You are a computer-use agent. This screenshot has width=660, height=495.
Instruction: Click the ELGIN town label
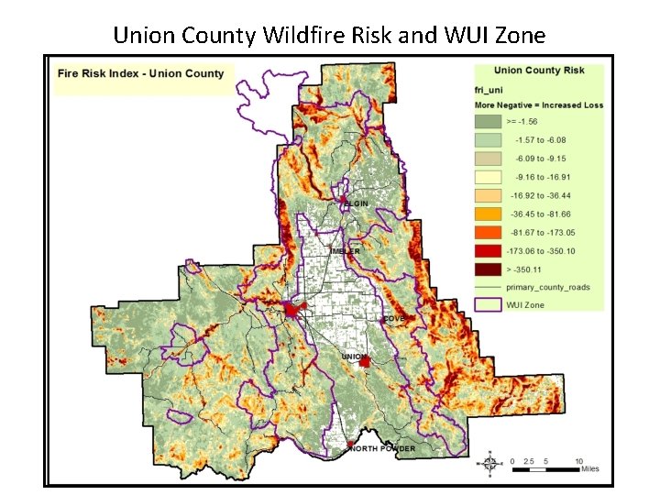[357, 203]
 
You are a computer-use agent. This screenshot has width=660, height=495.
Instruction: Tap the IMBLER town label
[345, 250]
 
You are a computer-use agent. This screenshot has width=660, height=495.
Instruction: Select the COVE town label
[394, 319]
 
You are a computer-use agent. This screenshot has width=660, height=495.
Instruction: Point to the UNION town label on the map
[353, 356]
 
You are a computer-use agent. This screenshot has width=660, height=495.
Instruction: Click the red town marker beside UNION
[366, 363]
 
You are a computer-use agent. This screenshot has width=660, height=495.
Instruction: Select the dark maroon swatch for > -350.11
[489, 269]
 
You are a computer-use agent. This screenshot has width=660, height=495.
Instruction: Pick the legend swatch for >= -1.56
[489, 121]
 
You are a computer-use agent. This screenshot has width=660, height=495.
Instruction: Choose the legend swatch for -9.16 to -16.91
[489, 177]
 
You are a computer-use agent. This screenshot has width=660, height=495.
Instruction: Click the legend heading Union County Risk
[539, 71]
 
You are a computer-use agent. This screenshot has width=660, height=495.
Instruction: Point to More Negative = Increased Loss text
[539, 104]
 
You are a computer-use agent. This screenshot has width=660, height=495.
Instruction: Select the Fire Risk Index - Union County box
[141, 74]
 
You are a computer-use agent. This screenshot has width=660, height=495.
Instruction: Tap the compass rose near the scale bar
[491, 464]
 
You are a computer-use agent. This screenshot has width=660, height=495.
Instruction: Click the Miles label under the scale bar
[592, 469]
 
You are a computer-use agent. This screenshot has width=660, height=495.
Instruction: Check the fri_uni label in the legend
[489, 90]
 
